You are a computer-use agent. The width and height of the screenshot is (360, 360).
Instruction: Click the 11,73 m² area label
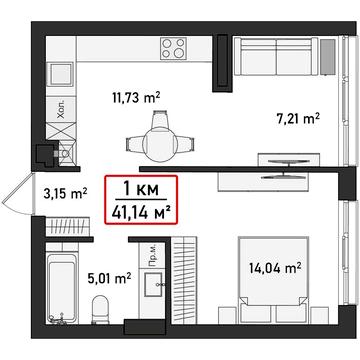click(136, 97)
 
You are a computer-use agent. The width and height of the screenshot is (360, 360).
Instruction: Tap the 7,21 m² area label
click(297, 118)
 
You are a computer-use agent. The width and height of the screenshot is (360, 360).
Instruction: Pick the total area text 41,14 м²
click(139, 211)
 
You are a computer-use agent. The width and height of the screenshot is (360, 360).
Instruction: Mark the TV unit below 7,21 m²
click(285, 160)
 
